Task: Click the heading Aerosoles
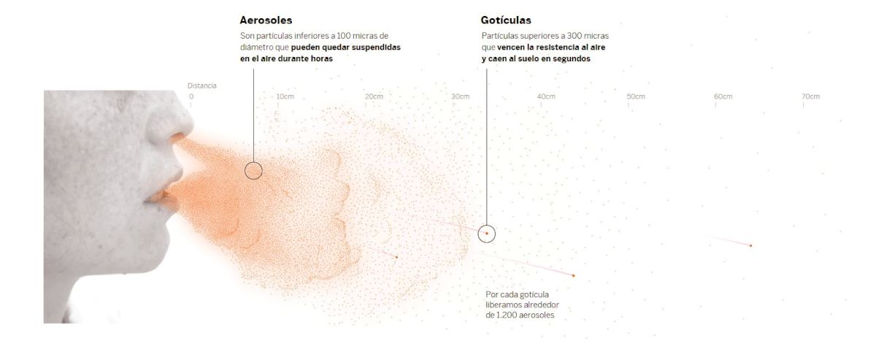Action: point(266,20)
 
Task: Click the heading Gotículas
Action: point(506,20)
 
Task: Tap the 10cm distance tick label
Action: point(285,96)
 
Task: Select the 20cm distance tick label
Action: point(374,96)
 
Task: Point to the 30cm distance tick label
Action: point(461,96)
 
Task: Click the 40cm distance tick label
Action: point(546,96)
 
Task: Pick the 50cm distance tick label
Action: point(636,96)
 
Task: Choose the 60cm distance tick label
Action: point(723,96)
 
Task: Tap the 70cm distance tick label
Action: point(810,96)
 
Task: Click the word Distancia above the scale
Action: point(201,86)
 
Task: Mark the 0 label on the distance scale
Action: point(192,96)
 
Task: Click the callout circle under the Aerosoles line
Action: point(253,171)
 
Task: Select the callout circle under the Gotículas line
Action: point(487,233)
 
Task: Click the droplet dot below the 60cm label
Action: point(750,245)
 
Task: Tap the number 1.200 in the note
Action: point(508,315)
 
